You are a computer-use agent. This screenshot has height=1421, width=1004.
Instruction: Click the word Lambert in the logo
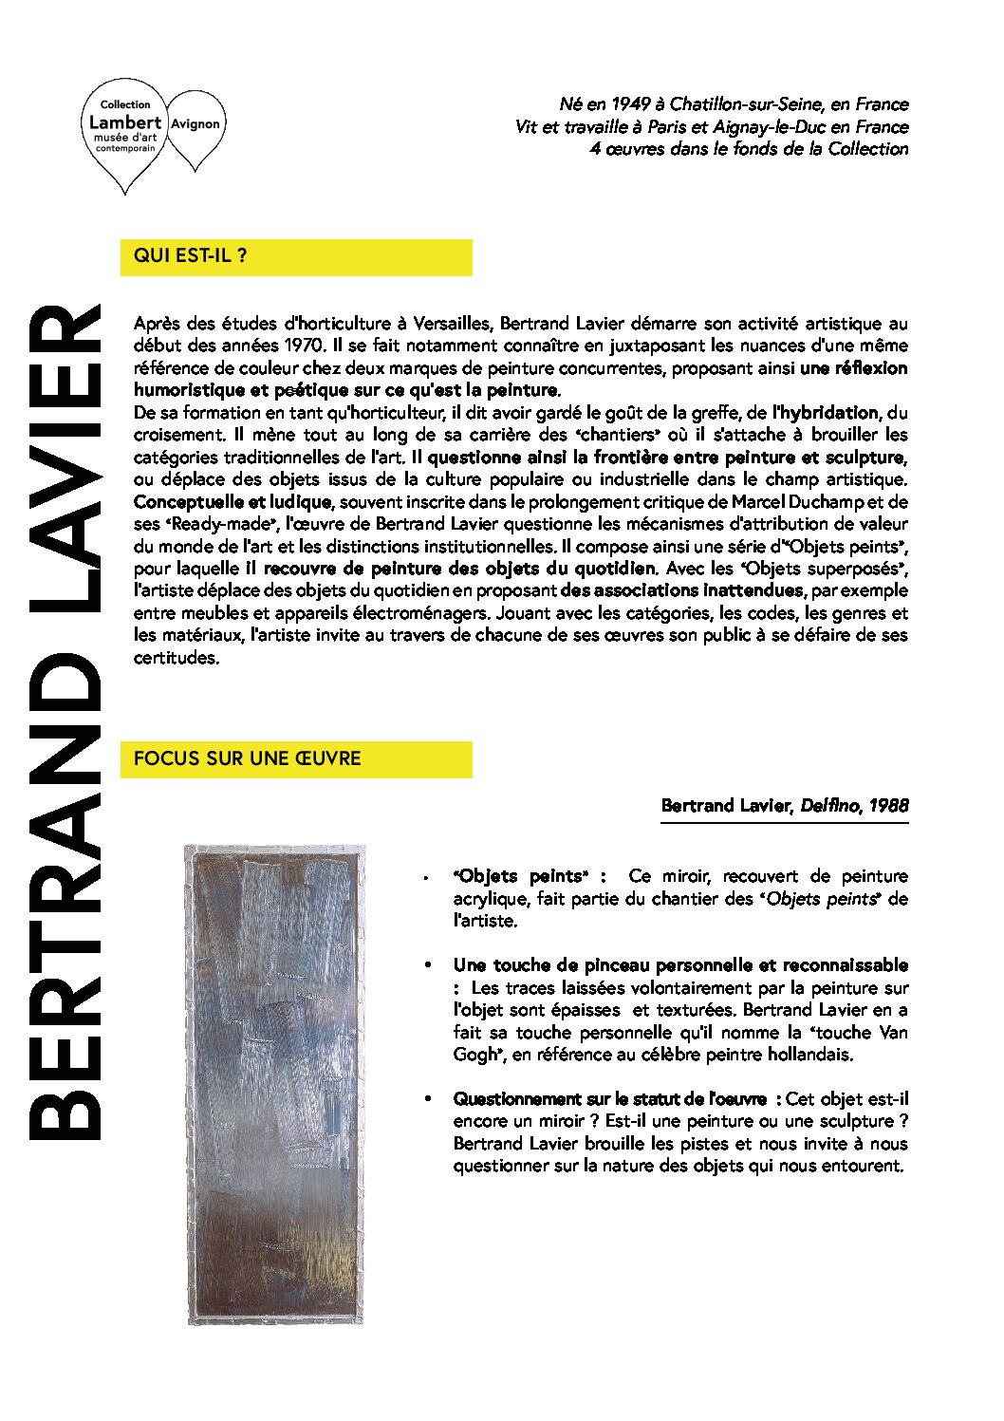(125, 122)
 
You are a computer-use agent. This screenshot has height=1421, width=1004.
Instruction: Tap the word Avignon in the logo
(195, 123)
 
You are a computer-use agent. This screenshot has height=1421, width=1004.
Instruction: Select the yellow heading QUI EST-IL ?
(191, 255)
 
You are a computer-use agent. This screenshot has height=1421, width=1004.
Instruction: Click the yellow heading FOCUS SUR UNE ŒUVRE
(247, 758)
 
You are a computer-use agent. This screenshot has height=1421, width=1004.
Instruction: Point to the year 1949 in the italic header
(630, 104)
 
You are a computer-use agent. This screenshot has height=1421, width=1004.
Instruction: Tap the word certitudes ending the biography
(176, 658)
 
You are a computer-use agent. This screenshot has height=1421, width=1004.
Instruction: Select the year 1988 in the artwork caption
(888, 806)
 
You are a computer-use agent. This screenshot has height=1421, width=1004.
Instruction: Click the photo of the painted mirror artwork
(274, 1083)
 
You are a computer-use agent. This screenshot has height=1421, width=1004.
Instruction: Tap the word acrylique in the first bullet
(492, 898)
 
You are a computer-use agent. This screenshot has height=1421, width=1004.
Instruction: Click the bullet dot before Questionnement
(429, 1099)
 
